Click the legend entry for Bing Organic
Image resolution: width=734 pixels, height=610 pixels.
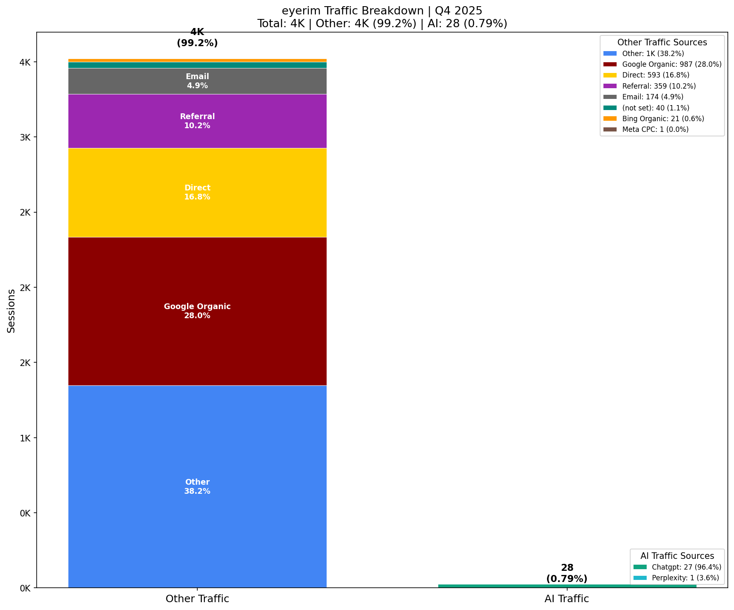[663, 119]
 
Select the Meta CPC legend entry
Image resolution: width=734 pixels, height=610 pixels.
[655, 129]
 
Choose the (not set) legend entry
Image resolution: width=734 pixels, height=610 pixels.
[655, 108]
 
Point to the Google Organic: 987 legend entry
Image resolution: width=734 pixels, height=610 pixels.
[671, 64]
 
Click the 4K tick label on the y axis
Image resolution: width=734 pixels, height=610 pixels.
[25, 62]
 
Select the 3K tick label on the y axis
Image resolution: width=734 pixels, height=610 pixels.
[25, 137]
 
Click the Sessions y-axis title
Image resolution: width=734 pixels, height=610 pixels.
[12, 311]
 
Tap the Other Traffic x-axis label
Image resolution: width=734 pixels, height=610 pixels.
[197, 599]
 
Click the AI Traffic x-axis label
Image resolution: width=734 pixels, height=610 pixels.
[567, 599]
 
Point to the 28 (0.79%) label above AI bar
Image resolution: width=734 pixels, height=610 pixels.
[567, 573]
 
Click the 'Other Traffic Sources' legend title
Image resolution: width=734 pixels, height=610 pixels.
[662, 42]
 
